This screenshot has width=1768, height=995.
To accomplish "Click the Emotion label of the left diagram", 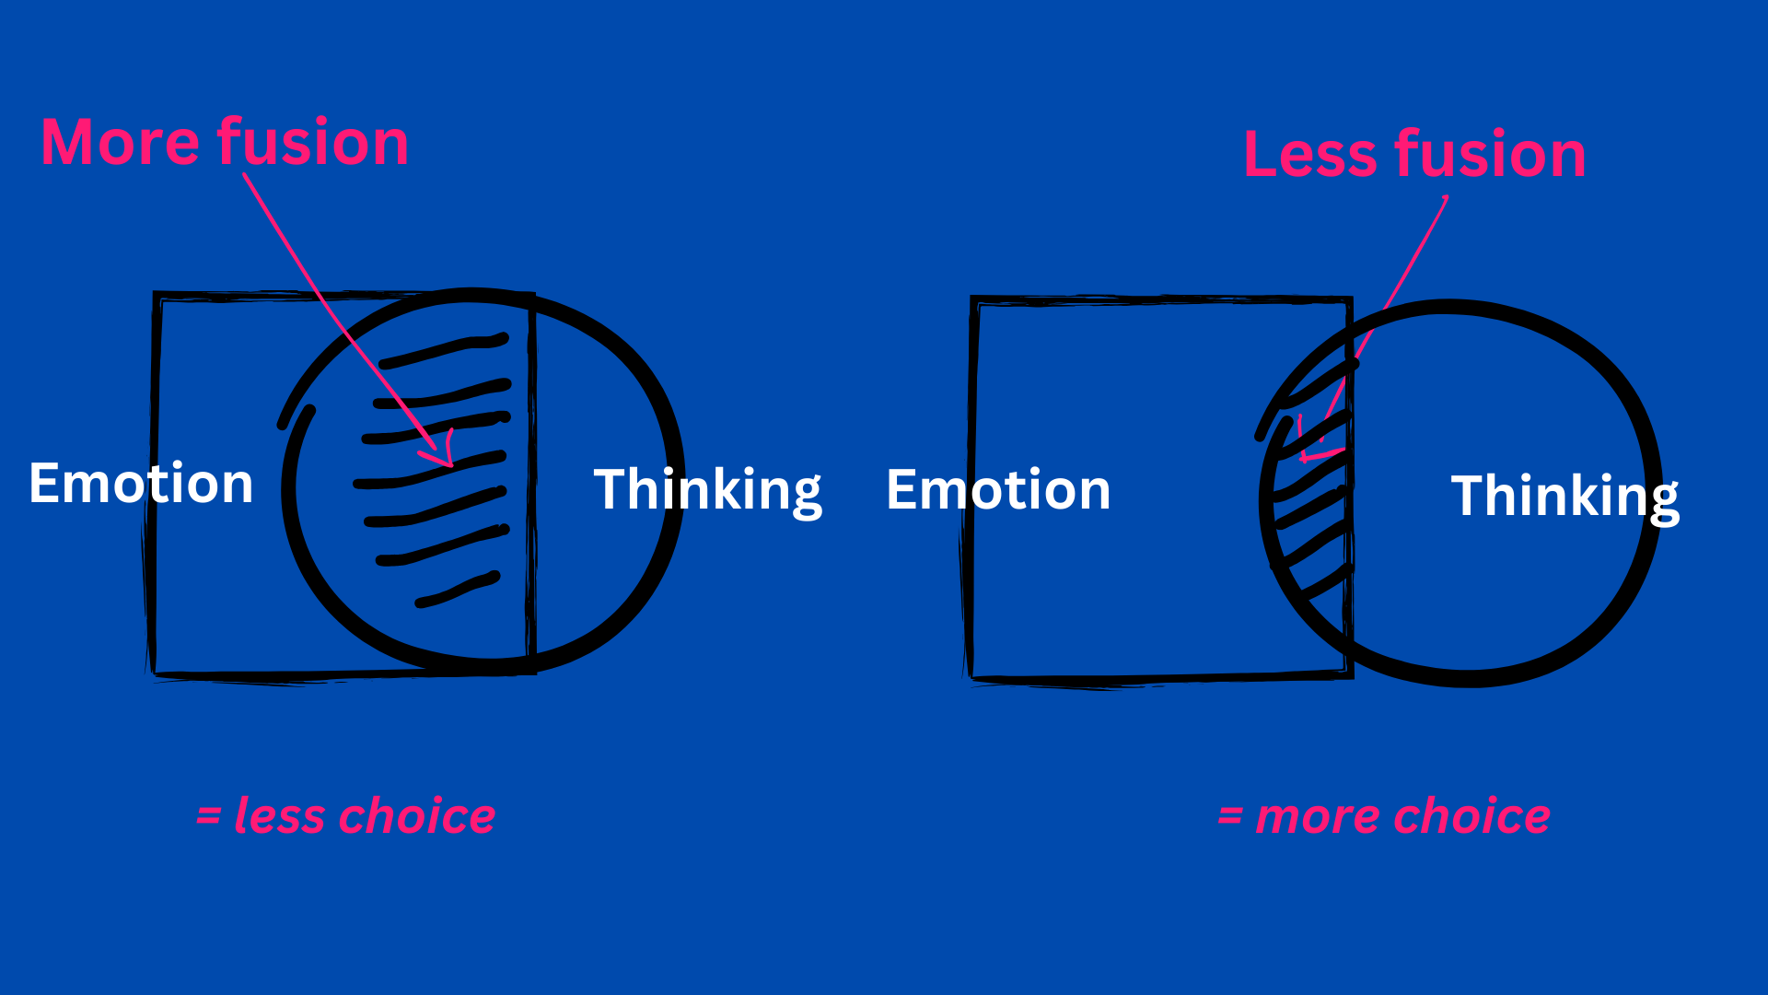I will (x=141, y=483).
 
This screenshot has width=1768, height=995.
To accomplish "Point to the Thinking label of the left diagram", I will (x=707, y=490).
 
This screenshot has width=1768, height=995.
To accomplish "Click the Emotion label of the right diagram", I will (x=998, y=489).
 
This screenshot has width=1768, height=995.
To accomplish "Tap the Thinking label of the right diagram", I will (x=1564, y=497).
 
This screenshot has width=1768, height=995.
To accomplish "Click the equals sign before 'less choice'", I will (x=208, y=816).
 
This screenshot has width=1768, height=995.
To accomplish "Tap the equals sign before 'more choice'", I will (x=1230, y=816).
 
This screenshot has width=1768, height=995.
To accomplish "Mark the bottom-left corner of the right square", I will (x=972, y=678).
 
